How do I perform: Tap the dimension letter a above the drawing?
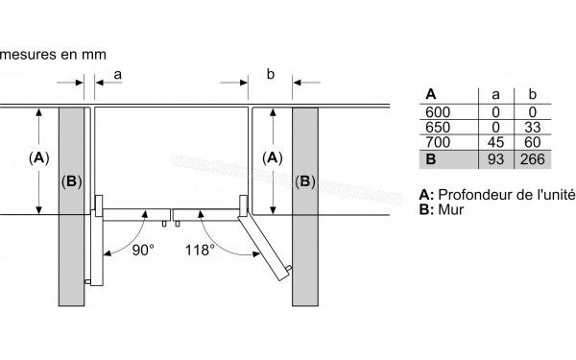118,72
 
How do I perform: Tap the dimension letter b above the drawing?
271,72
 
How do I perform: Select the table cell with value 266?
528,157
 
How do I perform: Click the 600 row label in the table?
435,111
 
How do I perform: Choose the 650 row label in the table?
435,127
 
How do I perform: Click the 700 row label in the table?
435,142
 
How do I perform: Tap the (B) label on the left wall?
70,180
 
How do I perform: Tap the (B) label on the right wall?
304,180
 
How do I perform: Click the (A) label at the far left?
37,157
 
